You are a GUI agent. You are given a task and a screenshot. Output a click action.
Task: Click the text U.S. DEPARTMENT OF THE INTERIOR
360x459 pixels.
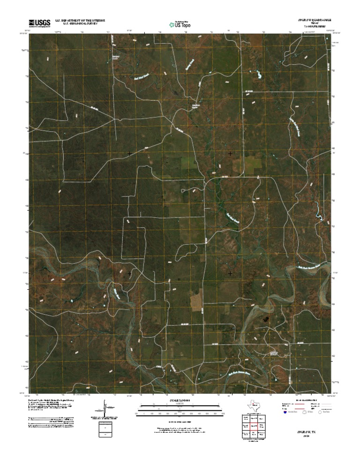(x=80, y=20)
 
